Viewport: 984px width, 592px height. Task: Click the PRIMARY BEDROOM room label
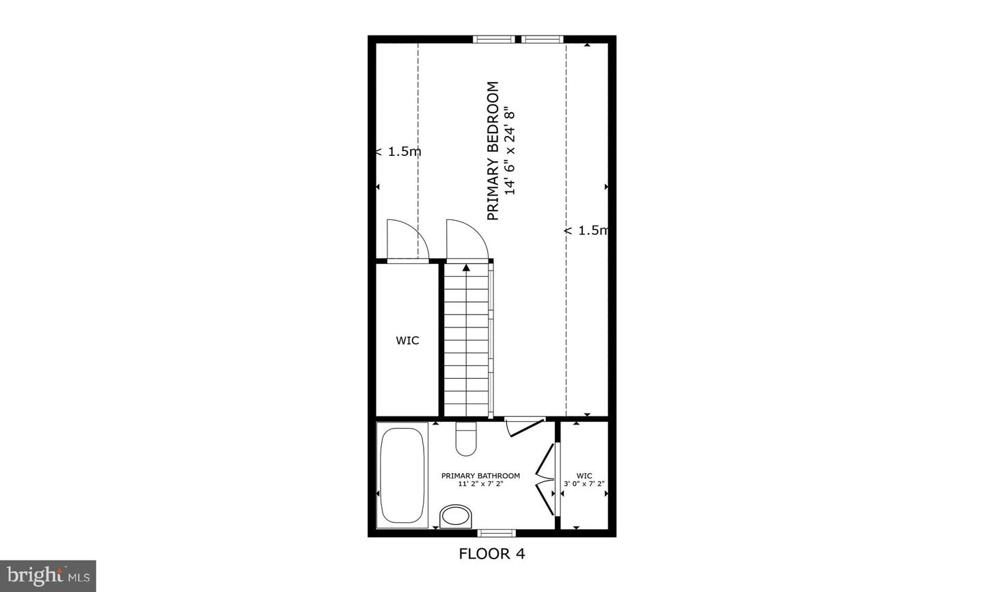[493, 151]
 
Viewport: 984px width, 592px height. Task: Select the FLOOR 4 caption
[491, 554]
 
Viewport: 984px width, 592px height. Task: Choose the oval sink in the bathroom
[455, 516]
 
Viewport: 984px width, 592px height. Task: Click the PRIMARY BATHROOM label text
[480, 476]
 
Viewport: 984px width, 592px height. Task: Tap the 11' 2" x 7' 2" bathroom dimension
[480, 484]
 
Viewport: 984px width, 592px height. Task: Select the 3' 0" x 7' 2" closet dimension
[584, 484]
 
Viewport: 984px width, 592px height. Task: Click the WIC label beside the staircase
[407, 340]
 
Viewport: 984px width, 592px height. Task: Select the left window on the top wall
[495, 40]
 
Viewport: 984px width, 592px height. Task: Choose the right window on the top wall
[543, 40]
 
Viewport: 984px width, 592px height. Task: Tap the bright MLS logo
[48, 576]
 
